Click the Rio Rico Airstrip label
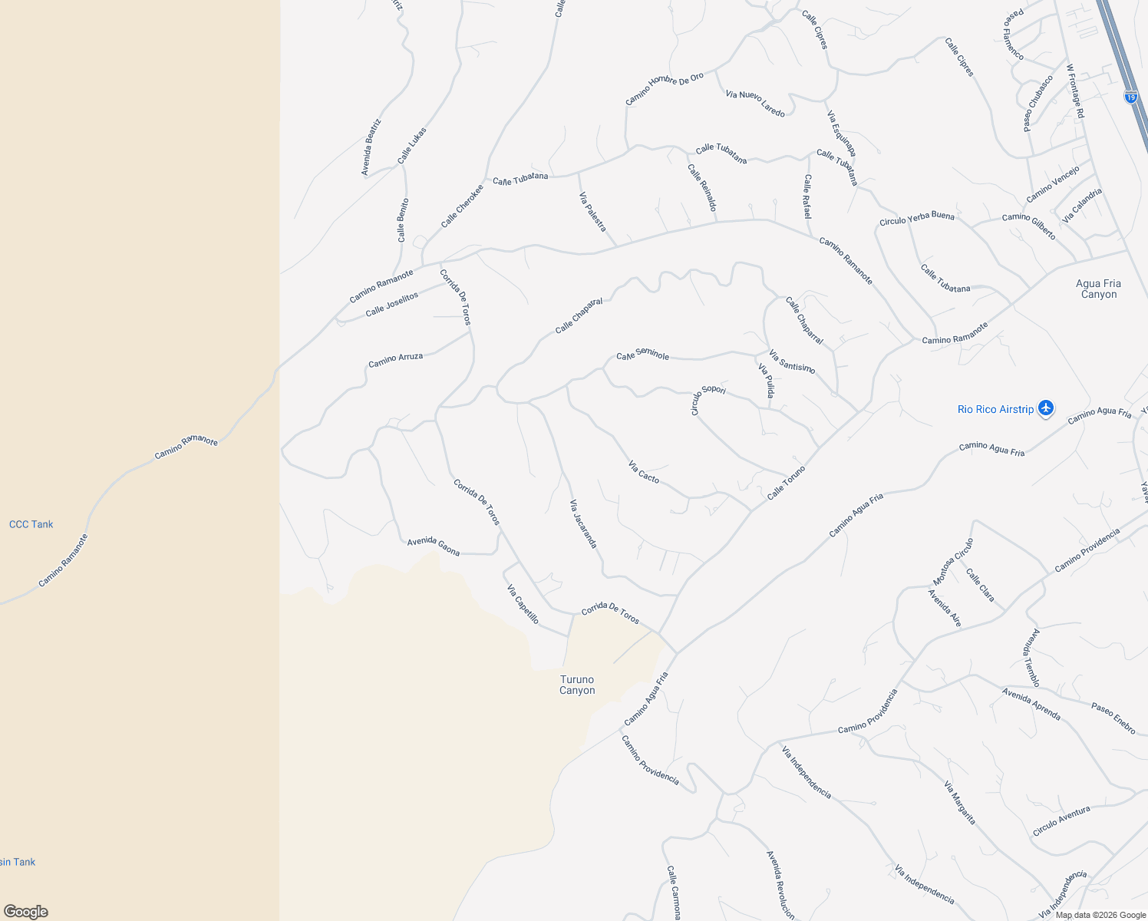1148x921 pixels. click(995, 409)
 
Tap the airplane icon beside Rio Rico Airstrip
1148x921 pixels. click(1045, 408)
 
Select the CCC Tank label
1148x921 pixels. click(31, 524)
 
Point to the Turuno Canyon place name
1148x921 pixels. click(577, 685)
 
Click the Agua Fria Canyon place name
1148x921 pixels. click(1099, 289)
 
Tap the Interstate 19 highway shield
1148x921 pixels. click(1130, 97)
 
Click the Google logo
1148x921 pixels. click(25, 912)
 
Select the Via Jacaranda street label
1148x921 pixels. click(583, 523)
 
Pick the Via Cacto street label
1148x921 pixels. click(644, 471)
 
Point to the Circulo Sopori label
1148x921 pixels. click(708, 398)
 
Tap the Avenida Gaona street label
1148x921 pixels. click(434, 546)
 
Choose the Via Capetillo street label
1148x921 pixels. click(523, 604)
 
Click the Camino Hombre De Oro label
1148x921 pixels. click(665, 89)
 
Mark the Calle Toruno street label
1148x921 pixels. click(787, 483)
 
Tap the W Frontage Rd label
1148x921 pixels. click(1075, 91)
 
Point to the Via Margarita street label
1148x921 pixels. click(960, 803)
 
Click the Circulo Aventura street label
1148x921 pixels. click(1061, 821)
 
